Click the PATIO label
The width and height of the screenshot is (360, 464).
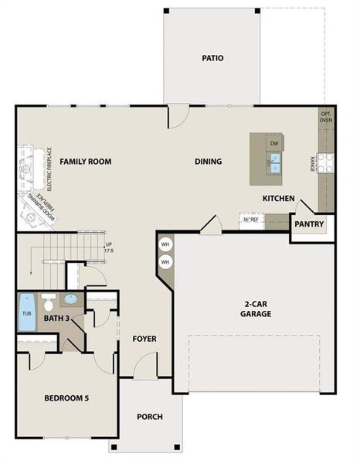point(212,58)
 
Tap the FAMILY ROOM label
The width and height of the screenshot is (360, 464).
point(86,162)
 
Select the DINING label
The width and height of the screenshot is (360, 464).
point(208,162)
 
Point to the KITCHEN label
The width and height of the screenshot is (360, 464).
point(278,199)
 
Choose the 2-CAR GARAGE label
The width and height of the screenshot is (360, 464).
point(254,309)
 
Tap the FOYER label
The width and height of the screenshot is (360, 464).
point(144,338)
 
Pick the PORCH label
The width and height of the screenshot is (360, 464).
point(150,417)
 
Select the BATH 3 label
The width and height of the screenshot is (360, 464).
point(56,318)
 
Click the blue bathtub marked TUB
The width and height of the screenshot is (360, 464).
point(26,313)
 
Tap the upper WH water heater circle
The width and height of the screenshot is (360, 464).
point(165,245)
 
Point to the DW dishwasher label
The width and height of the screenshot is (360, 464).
point(273,143)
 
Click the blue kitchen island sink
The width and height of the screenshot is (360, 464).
point(274,162)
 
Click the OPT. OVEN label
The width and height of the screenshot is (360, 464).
point(326,117)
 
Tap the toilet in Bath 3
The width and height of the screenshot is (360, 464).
point(48,302)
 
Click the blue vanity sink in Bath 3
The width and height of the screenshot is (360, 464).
point(70,299)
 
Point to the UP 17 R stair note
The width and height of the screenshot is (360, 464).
point(109,247)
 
